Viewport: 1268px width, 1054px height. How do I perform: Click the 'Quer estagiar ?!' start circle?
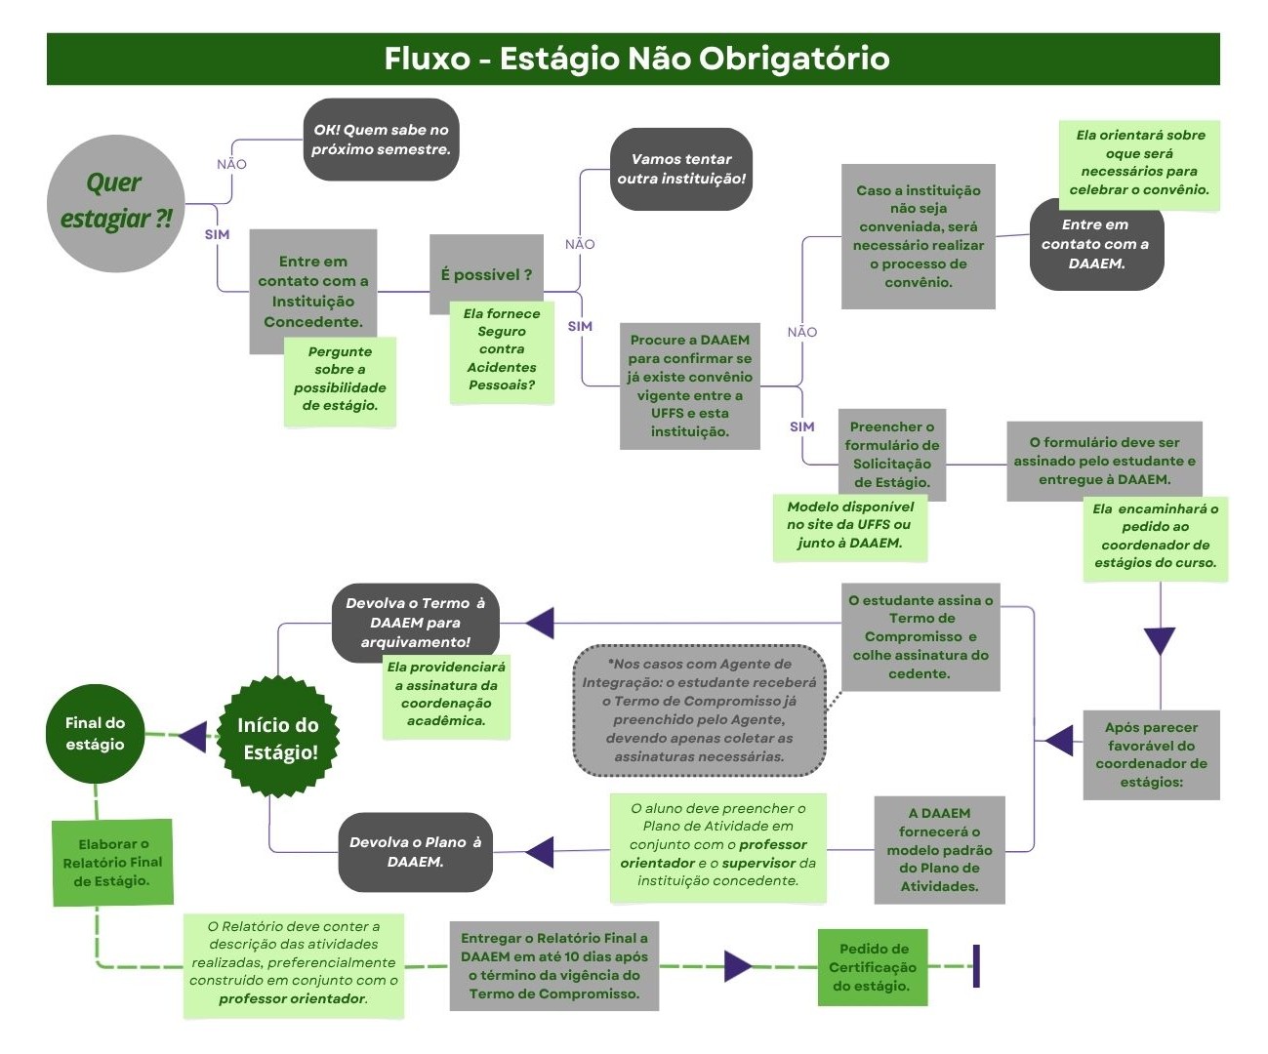(x=115, y=203)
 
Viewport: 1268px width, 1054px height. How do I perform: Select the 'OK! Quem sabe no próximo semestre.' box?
(x=381, y=140)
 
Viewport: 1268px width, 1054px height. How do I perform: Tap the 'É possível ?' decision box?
(x=486, y=274)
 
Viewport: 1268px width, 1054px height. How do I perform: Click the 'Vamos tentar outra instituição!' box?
(x=681, y=169)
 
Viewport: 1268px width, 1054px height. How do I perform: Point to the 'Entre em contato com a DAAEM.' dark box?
(x=1096, y=245)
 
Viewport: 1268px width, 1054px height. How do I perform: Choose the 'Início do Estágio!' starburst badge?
(x=280, y=738)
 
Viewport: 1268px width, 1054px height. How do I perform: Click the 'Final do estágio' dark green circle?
(x=95, y=734)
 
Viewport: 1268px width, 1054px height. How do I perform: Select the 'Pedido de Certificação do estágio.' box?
(x=873, y=967)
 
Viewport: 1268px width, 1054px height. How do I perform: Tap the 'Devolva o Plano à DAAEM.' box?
(x=415, y=852)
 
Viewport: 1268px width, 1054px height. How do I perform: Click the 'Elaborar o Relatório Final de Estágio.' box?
(x=112, y=863)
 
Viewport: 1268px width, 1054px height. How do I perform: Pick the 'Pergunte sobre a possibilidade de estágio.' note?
(x=340, y=380)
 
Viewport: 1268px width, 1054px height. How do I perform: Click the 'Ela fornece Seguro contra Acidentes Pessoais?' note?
(x=502, y=350)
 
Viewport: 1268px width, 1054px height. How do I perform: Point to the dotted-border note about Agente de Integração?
(x=699, y=710)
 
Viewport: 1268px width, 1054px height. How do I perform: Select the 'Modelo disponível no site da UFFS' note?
(x=850, y=526)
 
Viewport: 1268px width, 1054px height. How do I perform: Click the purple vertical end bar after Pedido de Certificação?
(x=976, y=965)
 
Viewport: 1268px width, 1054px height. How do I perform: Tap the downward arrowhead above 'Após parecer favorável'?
(x=1160, y=640)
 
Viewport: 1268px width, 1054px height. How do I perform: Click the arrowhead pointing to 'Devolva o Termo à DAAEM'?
(x=540, y=623)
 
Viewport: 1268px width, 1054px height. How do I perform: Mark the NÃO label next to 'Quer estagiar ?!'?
(x=231, y=164)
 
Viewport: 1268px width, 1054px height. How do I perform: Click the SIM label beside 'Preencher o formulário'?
(x=802, y=426)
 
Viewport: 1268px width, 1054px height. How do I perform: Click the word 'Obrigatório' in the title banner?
(x=794, y=59)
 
